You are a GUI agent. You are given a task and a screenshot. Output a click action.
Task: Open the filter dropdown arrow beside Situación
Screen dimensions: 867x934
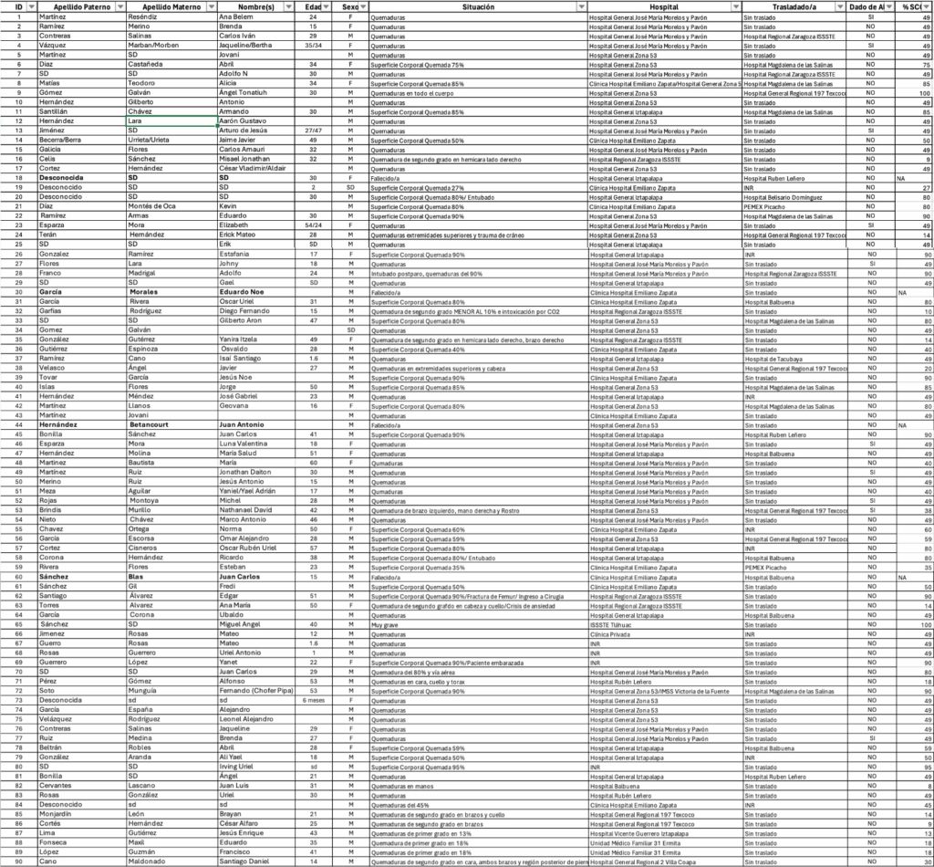click(x=581, y=6)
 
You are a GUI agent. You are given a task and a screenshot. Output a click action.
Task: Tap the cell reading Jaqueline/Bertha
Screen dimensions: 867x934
click(x=246, y=45)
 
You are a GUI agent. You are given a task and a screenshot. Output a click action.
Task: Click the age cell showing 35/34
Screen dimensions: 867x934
click(x=313, y=45)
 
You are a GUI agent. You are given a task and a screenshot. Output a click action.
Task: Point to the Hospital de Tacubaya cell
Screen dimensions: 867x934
click(x=776, y=359)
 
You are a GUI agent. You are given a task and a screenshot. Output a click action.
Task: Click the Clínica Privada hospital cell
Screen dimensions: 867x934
click(x=611, y=632)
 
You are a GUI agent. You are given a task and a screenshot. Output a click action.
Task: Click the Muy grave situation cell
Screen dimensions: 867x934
click(x=383, y=624)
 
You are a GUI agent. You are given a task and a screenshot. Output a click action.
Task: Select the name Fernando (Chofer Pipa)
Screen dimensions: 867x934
click(x=255, y=691)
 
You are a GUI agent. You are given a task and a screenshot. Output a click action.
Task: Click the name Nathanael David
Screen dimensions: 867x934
click(x=246, y=510)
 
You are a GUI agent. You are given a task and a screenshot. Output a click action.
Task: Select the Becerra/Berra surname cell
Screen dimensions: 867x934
click(x=63, y=140)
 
